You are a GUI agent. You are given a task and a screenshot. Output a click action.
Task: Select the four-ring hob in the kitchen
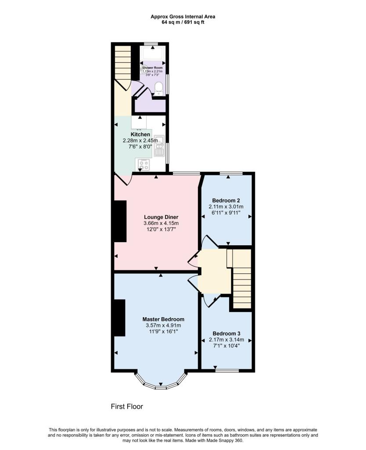[144, 165]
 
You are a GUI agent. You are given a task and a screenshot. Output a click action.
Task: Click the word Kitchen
[140, 134]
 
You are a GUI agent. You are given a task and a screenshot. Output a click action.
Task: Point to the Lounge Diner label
[161, 217]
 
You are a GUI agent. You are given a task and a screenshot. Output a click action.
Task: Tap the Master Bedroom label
[163, 319]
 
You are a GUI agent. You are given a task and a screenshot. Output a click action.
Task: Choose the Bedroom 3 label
[226, 334]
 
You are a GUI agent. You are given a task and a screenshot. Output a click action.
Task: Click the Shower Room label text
[152, 68]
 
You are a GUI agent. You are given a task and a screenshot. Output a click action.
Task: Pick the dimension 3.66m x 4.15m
[161, 223]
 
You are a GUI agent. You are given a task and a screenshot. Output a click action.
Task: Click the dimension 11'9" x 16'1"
[163, 331]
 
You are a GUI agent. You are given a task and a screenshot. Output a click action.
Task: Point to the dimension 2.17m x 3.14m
[226, 340]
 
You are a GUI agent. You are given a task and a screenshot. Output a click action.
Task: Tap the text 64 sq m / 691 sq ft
[183, 22]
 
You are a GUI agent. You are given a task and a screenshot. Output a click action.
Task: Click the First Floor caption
[127, 406]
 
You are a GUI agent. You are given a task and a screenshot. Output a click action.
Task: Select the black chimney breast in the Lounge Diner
[120, 221]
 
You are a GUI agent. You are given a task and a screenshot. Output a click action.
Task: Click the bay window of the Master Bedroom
[161, 385]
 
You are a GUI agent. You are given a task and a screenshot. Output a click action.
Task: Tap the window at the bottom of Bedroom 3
[226, 371]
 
